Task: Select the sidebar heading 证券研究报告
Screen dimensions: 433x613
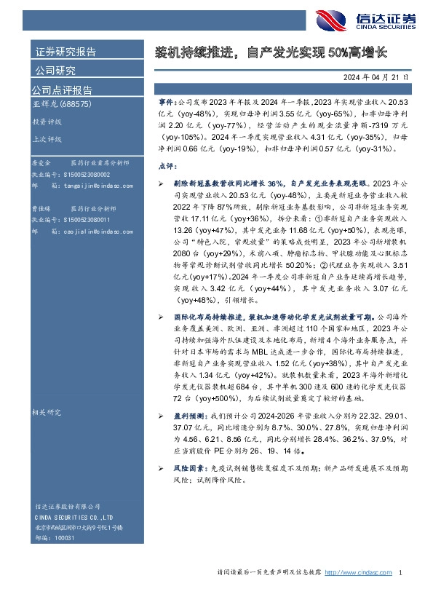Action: tap(65, 52)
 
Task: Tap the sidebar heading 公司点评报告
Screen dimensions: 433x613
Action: tap(62, 90)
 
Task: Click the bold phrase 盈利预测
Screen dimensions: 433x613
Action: tap(188, 414)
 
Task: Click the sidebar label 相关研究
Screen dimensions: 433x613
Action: tap(47, 412)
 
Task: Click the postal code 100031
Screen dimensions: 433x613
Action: tap(64, 536)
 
